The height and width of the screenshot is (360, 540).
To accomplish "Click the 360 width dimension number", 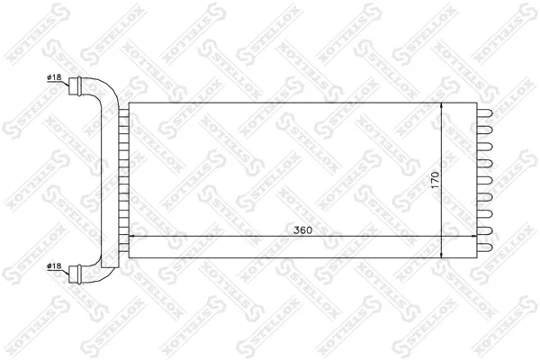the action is point(302,230).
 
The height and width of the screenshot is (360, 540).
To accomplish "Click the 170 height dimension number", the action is point(436,180).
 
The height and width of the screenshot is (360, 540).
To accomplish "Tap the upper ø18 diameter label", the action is point(54,77).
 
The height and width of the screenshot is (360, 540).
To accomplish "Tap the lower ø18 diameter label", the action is point(54,265).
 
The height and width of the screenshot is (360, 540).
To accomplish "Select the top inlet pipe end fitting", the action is point(75,85).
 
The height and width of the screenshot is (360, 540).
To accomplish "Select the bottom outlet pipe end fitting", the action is point(75,274).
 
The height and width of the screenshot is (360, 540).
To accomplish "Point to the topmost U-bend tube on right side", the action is point(484,114).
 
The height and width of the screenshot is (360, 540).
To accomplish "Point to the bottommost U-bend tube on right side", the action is point(484,247).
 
